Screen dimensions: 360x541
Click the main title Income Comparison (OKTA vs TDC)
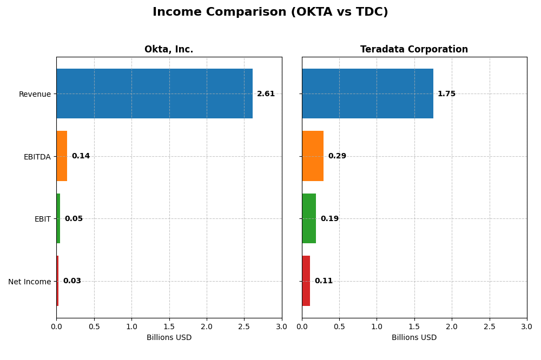tap(270, 12)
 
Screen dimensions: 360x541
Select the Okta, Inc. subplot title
tap(169, 50)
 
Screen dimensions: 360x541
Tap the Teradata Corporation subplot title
tap(414, 50)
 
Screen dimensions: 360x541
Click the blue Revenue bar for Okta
tap(154, 94)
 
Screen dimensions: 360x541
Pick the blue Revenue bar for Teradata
tap(367, 94)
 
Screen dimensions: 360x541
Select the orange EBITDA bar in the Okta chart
tap(62, 156)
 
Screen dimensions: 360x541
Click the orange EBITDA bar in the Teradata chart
tap(313, 156)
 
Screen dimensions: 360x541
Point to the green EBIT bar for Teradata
tap(309, 218)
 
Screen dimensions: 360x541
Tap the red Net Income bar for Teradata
tap(306, 281)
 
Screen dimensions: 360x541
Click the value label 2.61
tap(266, 94)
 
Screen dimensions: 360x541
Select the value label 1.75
tap(446, 94)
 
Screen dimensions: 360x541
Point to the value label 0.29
tap(337, 156)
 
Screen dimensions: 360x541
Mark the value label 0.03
tap(72, 281)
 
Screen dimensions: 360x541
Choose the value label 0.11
tap(324, 281)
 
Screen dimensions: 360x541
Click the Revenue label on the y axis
tap(35, 95)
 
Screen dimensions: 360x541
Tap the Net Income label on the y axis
tap(30, 282)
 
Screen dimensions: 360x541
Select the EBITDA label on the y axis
tap(37, 157)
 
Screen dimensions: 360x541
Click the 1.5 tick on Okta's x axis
tap(169, 327)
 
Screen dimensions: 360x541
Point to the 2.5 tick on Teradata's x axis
tap(490, 327)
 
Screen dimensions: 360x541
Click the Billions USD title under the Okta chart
tap(169, 338)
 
